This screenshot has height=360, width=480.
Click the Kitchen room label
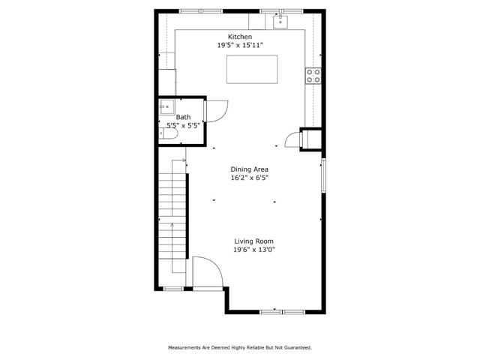pos(240,37)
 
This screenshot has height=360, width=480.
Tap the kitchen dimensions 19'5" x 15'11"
pos(240,45)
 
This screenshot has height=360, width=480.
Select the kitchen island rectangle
pos(251,68)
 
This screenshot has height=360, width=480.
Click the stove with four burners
pos(313,75)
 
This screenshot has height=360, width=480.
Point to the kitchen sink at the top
pos(280,20)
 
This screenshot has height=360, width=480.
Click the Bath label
pos(183,118)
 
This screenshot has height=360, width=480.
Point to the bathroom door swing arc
pos(217,111)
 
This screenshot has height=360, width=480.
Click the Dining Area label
pos(249,169)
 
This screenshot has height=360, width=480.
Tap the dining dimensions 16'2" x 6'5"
pos(249,178)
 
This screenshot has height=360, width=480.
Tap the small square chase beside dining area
pos(310,139)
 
